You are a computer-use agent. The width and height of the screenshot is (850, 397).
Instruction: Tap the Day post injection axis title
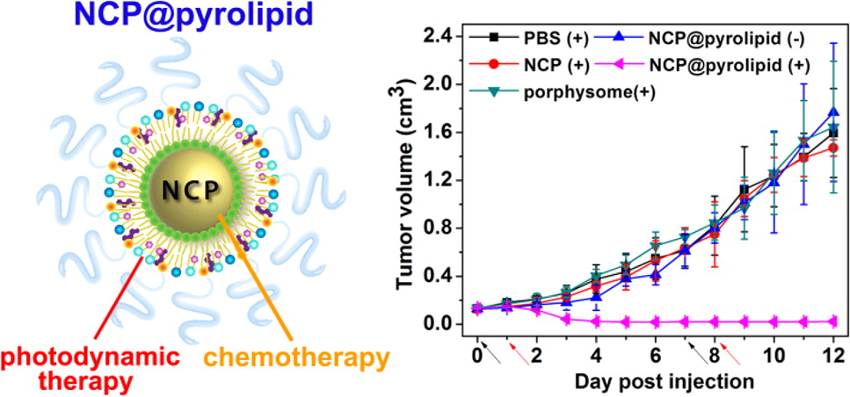[x=665, y=382]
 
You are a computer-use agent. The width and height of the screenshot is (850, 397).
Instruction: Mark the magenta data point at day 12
[x=834, y=321]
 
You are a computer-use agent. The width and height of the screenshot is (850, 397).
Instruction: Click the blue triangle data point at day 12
[x=834, y=112]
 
